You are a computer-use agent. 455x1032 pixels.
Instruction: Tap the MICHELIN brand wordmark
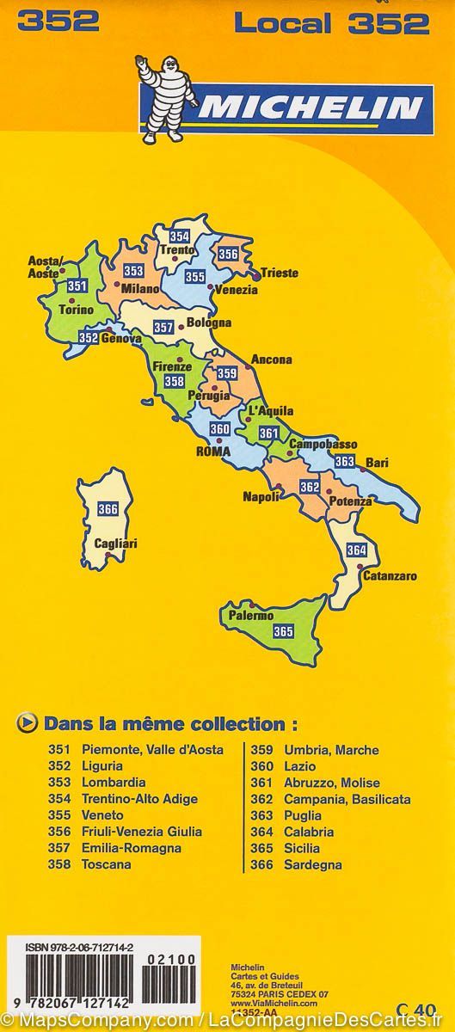(310, 108)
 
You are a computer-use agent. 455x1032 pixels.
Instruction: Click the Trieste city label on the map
(280, 273)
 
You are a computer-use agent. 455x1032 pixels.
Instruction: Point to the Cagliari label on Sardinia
(117, 544)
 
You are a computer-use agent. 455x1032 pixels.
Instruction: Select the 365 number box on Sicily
(283, 631)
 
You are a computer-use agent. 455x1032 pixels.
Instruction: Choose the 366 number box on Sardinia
(108, 508)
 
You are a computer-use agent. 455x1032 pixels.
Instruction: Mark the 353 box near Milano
(133, 271)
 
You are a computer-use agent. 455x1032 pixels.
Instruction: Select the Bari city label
(377, 463)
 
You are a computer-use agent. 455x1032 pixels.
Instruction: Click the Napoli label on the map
(261, 496)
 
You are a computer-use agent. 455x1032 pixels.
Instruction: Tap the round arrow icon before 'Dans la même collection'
(27, 724)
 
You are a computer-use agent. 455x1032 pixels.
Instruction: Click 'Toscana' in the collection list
(106, 864)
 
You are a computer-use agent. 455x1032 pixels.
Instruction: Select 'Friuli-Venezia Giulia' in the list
(142, 832)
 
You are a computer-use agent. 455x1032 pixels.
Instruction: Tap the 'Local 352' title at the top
(331, 23)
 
